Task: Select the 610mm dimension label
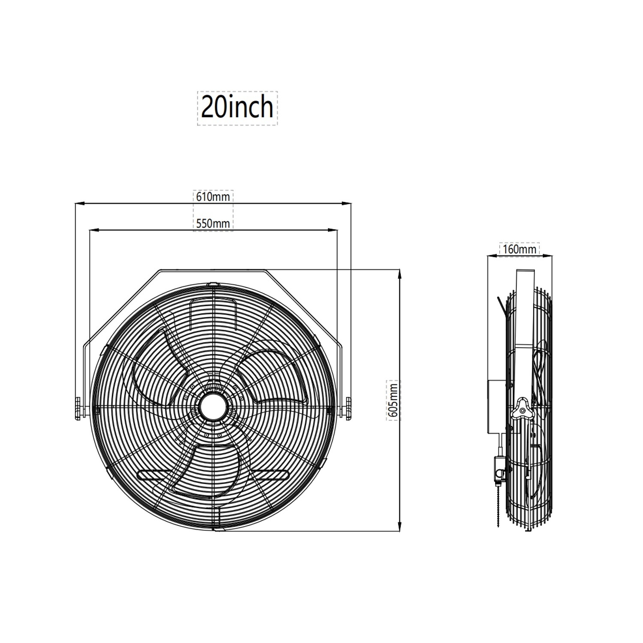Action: tap(213, 197)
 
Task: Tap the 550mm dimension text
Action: tap(213, 223)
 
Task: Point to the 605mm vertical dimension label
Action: tap(394, 400)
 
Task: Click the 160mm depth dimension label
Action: tap(520, 249)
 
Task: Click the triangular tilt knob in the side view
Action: tap(522, 408)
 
